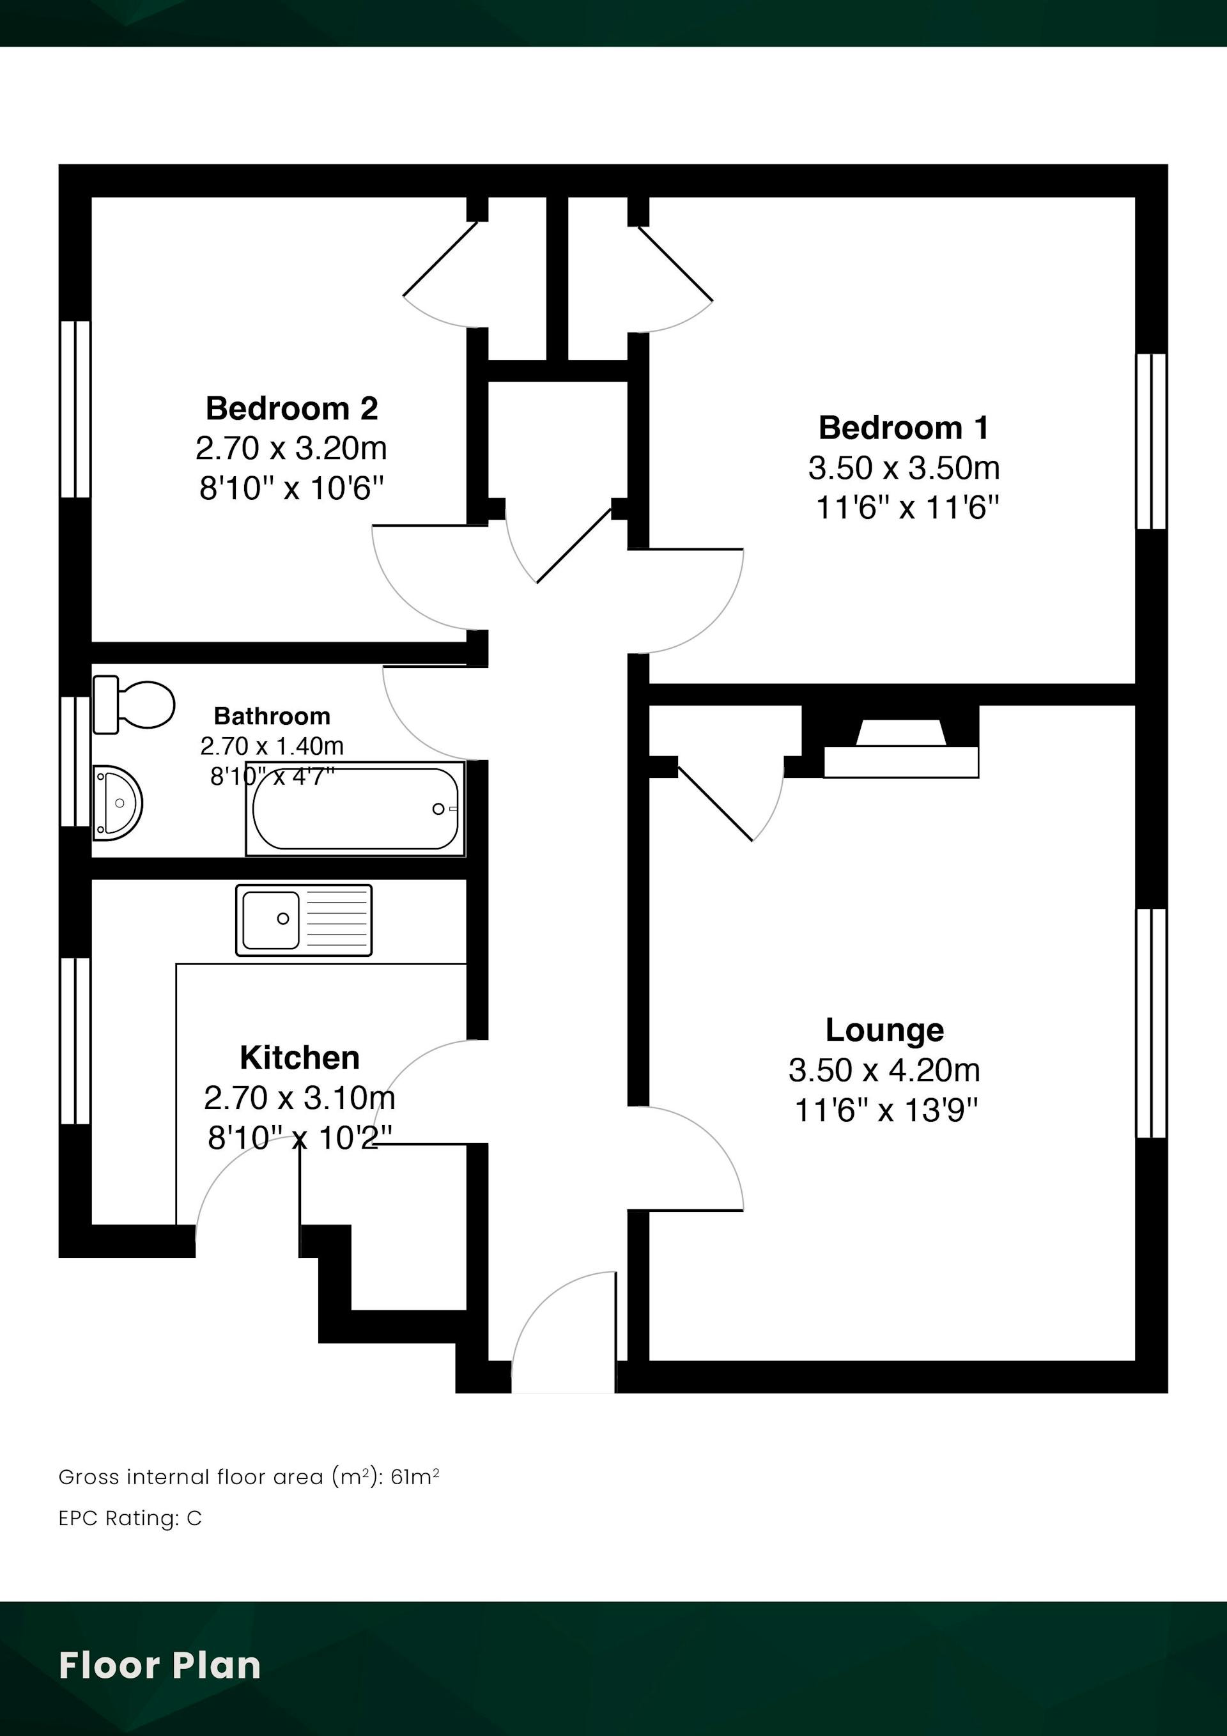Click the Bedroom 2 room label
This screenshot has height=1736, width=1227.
point(292,408)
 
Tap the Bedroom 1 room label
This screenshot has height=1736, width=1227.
point(904,428)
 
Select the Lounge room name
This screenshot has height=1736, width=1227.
point(884,1030)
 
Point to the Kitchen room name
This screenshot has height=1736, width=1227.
point(299,1058)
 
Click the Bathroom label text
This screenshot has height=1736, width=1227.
point(272,715)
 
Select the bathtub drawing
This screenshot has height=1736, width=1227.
point(355,809)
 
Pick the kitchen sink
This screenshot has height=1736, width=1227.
point(304,919)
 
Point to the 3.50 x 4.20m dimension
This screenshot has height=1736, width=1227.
point(884,1070)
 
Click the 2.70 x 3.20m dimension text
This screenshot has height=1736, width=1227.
point(292,448)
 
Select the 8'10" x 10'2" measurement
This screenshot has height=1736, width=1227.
point(301,1137)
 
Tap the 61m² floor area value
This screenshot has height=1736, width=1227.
point(415,1476)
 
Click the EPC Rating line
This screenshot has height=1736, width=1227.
point(130,1518)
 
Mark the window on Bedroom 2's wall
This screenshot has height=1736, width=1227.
point(75,409)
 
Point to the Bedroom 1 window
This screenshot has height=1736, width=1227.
point(1152,441)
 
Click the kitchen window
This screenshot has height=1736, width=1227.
point(75,1041)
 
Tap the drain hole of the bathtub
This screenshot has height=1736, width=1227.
point(438,809)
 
